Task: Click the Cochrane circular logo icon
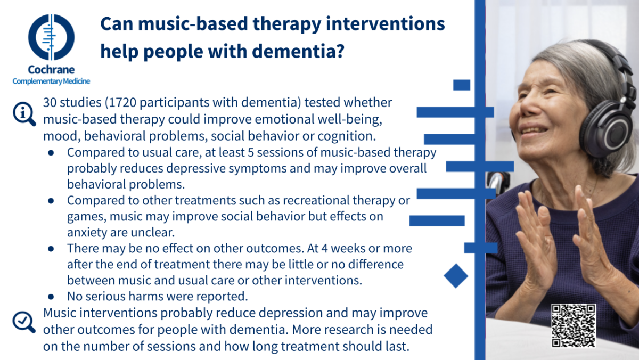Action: pos(51,37)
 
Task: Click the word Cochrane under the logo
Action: pos(51,70)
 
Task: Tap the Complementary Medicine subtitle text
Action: pos(51,81)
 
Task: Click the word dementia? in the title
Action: pos(298,51)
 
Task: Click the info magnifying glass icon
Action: pos(24,114)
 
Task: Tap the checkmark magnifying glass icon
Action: pos(24,322)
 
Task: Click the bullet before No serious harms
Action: pos(51,297)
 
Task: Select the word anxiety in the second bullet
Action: pos(87,233)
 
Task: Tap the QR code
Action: pos(574,326)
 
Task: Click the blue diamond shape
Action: pos(456,276)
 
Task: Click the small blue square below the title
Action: pos(462,85)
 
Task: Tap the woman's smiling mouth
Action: pos(534,131)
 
